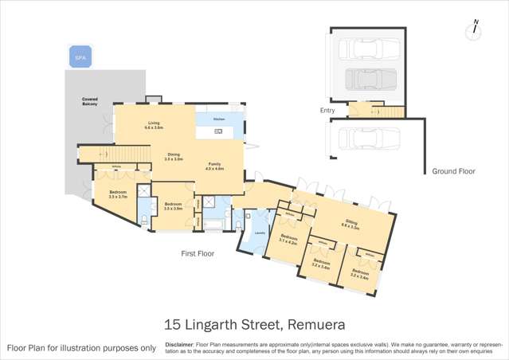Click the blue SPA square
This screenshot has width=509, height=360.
point(80,58)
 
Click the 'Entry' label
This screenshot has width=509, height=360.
point(327,111)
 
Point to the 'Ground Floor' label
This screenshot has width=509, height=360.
point(453,171)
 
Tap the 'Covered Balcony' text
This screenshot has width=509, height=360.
point(90,101)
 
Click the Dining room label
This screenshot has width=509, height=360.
point(174,157)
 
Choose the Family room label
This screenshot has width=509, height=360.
point(215,166)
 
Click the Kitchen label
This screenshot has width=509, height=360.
point(218,117)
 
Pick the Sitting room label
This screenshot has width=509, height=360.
point(351,225)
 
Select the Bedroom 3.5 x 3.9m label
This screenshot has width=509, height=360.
point(174,205)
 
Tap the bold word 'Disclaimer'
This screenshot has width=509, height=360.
point(179,345)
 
